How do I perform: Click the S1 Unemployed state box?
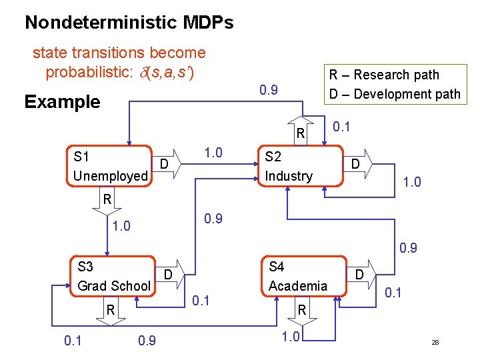pyautogui.click(x=110, y=166)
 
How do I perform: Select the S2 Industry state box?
pyautogui.click(x=293, y=166)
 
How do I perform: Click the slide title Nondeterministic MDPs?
pyautogui.click(x=129, y=23)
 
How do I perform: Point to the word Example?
pyautogui.click(x=62, y=102)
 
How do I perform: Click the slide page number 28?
pyautogui.click(x=435, y=342)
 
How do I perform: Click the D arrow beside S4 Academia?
pyautogui.click(x=361, y=275)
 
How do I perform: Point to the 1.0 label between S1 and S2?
pyautogui.click(x=213, y=153)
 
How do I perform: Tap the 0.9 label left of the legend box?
pyautogui.click(x=268, y=89)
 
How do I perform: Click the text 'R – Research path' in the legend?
pyautogui.click(x=385, y=75)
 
